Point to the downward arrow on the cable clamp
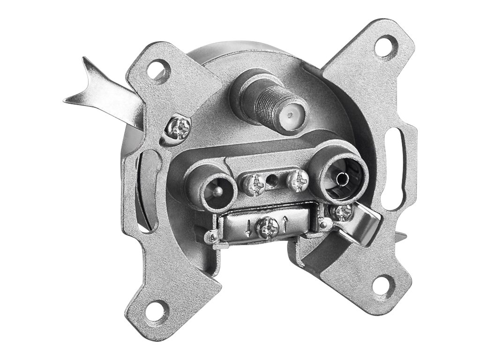pyautogui.click(x=248, y=228)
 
